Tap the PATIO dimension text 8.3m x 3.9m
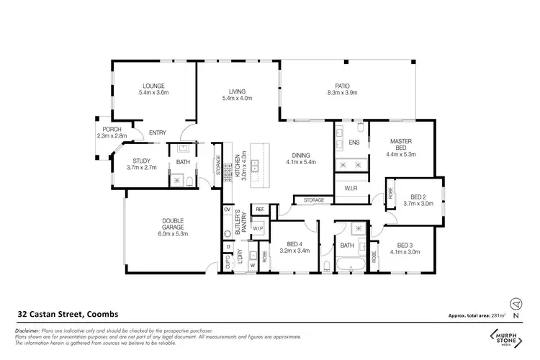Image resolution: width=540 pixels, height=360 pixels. pos(343,93)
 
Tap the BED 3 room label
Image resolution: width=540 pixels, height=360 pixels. pos(403,245)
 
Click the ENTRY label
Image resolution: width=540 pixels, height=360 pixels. pos(157,132)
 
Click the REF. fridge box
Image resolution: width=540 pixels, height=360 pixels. pos(259,210)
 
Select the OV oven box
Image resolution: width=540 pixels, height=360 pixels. pos(227,210)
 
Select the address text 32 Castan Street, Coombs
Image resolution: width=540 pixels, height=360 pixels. pos(63,315)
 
